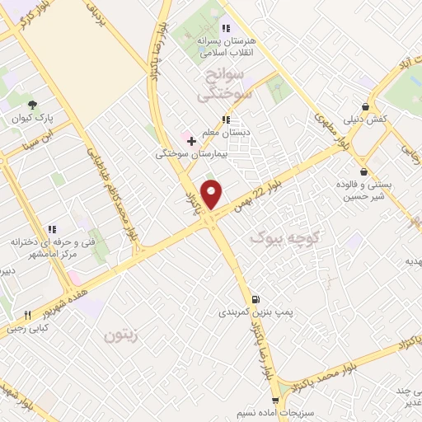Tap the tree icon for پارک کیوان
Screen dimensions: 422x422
pos(32,105)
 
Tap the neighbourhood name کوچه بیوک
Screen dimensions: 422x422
pos(276,238)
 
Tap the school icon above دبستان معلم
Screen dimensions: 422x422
pos(226,120)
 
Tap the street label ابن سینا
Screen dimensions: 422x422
pos(59,133)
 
